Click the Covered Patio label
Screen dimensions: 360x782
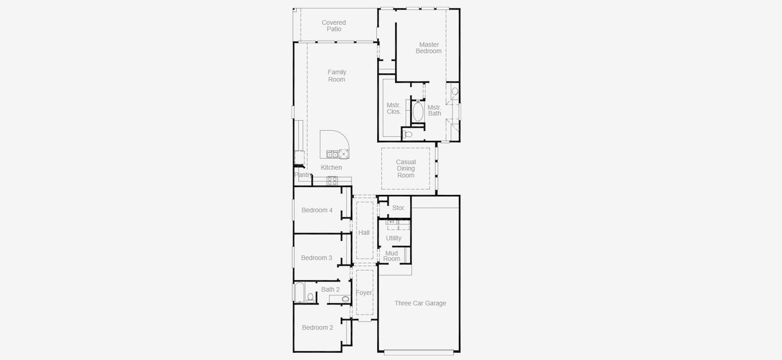[x=333, y=26]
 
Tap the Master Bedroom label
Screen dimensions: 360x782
[x=429, y=48]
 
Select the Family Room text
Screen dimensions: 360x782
[x=336, y=76]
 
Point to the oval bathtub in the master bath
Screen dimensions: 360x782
[x=418, y=112]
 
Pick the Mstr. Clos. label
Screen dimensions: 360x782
[x=394, y=109]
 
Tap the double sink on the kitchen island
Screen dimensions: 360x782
[x=332, y=153]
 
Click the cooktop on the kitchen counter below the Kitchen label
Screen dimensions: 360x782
[x=332, y=181]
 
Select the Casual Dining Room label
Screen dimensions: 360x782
[x=405, y=169]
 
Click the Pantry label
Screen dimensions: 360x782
[x=303, y=175]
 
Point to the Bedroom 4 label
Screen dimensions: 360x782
[x=317, y=210]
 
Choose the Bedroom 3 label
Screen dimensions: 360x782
[x=317, y=258]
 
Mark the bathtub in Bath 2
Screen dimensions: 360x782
[x=299, y=293]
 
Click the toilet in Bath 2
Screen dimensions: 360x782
[x=311, y=297]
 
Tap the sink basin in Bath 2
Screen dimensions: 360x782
[x=345, y=299]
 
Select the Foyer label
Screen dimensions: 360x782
[x=364, y=293]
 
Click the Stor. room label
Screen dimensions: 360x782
[x=399, y=208]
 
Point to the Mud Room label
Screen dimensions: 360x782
[x=392, y=256]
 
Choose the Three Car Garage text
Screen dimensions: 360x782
[x=420, y=304]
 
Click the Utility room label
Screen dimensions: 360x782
[x=393, y=238]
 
